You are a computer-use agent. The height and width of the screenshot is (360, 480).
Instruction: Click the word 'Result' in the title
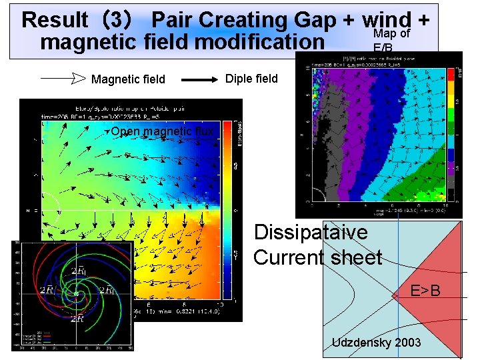55,20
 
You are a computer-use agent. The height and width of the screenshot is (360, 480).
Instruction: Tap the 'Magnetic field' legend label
128,79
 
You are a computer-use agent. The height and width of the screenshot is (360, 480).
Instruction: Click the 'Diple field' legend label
251,78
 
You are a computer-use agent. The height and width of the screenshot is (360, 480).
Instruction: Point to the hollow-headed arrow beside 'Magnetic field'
64,79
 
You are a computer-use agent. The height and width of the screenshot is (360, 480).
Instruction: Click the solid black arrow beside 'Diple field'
200,79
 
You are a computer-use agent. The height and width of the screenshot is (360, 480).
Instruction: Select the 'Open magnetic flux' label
162,131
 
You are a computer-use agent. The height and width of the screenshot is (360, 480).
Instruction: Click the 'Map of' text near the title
391,34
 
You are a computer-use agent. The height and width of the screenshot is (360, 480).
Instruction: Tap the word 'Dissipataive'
311,233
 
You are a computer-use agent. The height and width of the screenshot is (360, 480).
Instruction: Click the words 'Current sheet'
317,257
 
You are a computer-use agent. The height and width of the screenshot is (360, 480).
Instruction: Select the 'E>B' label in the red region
425,291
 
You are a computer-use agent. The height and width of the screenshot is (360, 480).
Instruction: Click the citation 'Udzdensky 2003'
376,342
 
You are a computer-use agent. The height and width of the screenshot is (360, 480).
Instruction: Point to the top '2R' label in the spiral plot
79,270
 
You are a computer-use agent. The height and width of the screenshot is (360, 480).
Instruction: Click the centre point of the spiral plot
77,293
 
